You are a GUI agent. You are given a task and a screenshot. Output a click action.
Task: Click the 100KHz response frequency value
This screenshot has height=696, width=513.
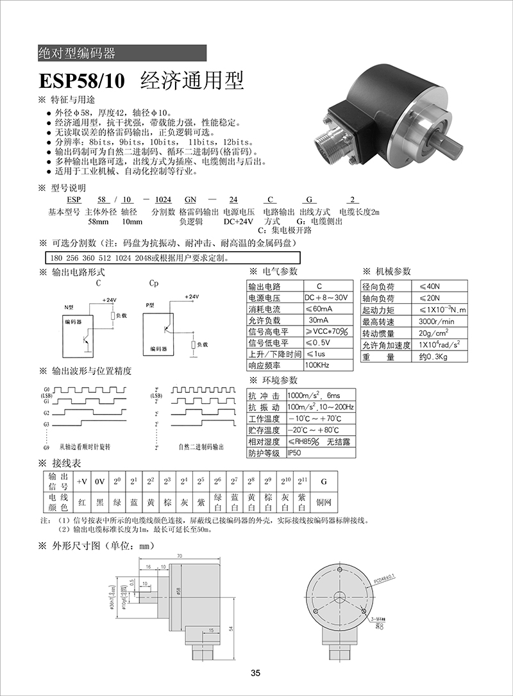(x=317, y=365)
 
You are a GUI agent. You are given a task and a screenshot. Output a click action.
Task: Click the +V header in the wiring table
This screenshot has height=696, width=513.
(x=82, y=481)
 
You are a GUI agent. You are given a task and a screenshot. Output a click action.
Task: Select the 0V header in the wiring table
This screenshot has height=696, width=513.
(x=99, y=481)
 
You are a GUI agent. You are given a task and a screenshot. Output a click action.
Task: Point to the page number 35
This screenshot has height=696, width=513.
(x=256, y=673)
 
